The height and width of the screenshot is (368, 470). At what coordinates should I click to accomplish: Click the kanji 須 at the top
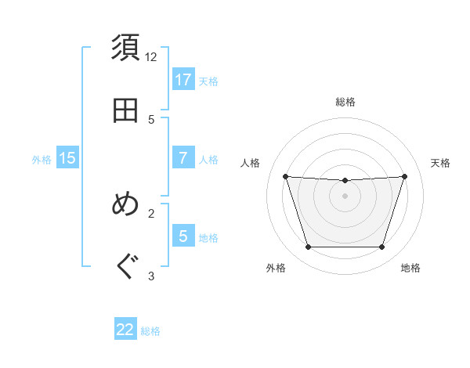click(126, 48)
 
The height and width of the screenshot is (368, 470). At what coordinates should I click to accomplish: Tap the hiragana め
click(126, 204)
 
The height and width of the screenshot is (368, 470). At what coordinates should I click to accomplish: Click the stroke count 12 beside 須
click(151, 57)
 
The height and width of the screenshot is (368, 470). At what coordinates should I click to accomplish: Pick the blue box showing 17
click(183, 80)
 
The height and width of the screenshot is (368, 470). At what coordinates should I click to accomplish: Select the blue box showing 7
click(183, 158)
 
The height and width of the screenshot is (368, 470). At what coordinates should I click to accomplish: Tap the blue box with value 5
click(183, 236)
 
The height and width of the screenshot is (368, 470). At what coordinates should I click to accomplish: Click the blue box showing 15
click(67, 158)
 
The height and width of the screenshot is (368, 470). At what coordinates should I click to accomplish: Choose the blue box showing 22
click(125, 330)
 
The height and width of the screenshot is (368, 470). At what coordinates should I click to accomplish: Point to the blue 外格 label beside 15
click(42, 160)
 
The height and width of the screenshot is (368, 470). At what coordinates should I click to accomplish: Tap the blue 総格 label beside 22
click(150, 331)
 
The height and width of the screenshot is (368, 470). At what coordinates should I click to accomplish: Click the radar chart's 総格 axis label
click(345, 102)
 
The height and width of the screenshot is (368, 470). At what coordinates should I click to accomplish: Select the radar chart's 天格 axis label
click(441, 163)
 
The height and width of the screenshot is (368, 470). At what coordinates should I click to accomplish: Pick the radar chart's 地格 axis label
click(410, 269)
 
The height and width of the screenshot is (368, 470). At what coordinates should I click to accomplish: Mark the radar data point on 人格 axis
click(286, 176)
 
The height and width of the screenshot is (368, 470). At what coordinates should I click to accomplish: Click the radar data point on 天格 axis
click(404, 176)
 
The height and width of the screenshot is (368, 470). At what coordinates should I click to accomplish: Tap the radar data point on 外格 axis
click(308, 247)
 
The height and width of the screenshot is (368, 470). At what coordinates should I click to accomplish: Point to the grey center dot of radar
click(345, 196)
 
